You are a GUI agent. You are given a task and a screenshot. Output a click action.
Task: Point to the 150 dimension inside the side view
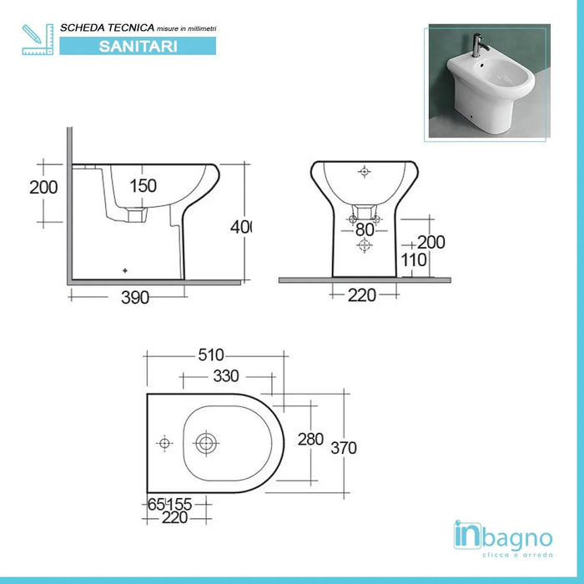(x=143, y=186)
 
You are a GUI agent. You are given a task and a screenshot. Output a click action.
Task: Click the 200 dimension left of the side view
(x=43, y=187)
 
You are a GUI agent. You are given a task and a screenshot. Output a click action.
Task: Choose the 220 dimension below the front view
(x=363, y=294)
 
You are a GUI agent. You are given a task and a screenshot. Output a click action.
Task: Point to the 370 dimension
(x=343, y=448)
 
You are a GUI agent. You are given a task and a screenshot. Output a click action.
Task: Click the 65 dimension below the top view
(x=155, y=504)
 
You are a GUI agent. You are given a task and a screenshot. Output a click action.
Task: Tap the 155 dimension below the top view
(x=179, y=504)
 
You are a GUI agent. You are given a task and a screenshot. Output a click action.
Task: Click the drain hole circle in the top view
(x=205, y=443)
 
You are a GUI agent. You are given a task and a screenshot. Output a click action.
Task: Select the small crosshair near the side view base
(x=125, y=270)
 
